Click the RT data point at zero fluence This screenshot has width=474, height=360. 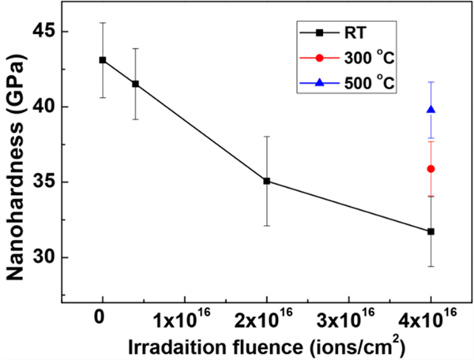[x=103, y=59]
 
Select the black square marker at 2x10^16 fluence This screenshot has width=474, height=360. [x=266, y=181]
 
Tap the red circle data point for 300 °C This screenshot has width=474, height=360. [x=431, y=168]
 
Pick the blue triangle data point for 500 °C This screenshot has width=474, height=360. [x=431, y=109]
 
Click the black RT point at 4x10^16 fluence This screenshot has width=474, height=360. [x=431, y=231]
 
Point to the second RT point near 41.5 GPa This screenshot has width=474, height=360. [x=135, y=84]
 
